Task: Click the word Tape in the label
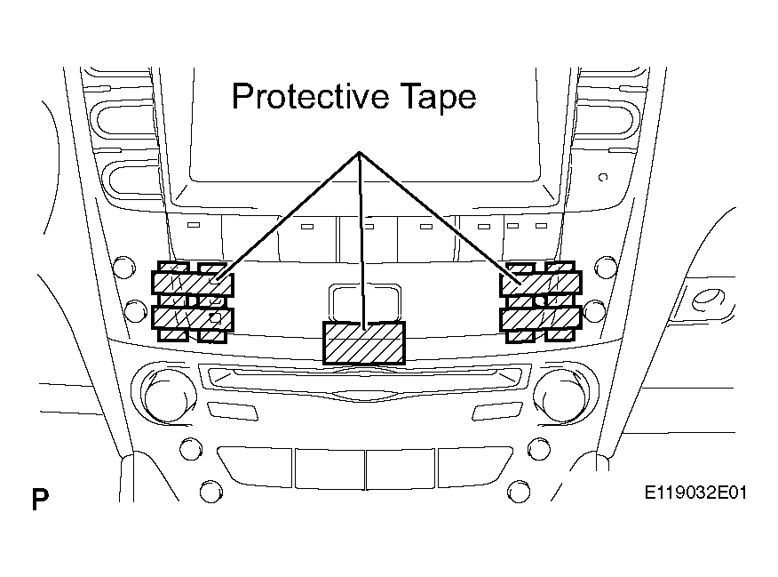tap(438, 97)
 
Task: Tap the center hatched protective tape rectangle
tap(364, 342)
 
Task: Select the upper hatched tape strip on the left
tap(193, 284)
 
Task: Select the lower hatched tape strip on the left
tap(193, 319)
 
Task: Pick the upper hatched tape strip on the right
tap(541, 284)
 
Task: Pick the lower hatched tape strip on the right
tap(541, 319)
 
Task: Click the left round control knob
tap(168, 396)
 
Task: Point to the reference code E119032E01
tap(695, 493)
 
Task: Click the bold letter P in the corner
tap(40, 499)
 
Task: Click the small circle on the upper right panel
tap(603, 177)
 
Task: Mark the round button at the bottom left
tap(210, 492)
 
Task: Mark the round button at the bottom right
tap(519, 492)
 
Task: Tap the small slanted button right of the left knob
tap(232, 411)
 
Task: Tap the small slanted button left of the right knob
tap(497, 411)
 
